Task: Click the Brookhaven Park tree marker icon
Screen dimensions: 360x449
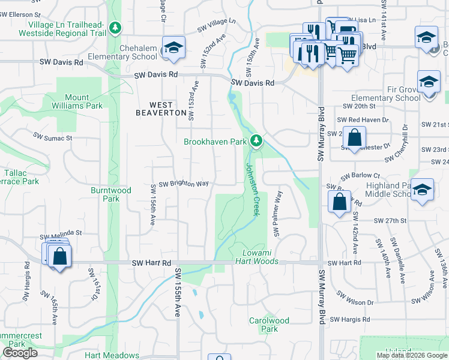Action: point(256,141)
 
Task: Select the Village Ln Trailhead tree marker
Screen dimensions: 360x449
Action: point(115,28)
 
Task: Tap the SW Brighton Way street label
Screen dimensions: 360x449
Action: point(179,184)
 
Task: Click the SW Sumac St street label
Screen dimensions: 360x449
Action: point(53,137)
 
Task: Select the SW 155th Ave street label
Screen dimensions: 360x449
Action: point(178,292)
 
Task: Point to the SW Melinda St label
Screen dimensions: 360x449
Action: point(61,232)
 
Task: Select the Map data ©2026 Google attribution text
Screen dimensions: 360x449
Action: point(411,355)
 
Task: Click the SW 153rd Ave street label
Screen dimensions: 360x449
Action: point(192,101)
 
